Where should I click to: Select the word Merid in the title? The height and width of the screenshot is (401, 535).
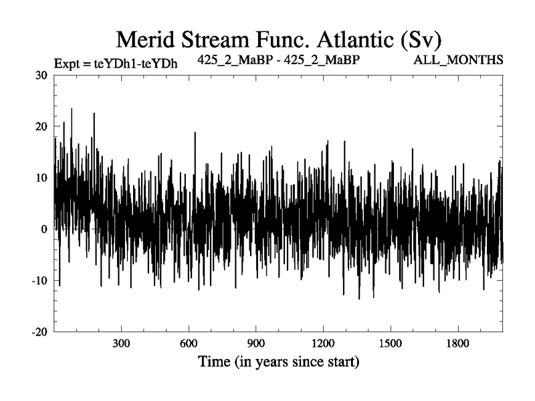tap(144, 39)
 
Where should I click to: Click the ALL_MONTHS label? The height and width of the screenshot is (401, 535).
tap(459, 60)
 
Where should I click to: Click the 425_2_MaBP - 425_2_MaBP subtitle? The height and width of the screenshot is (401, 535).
tap(279, 60)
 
